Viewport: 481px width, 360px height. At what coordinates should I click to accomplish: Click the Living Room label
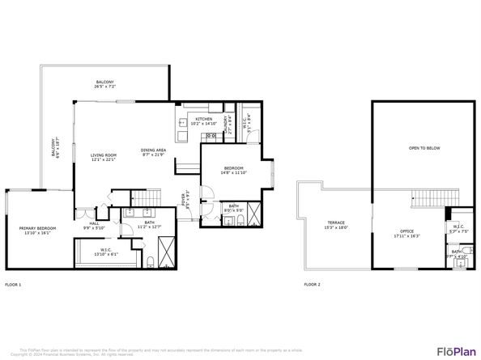click(104, 156)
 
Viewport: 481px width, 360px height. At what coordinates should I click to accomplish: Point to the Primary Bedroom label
click(37, 231)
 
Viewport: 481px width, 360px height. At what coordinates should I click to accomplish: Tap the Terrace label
click(336, 225)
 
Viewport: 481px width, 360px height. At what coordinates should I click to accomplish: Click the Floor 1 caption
click(14, 285)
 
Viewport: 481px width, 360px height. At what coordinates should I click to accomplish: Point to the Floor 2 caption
click(312, 285)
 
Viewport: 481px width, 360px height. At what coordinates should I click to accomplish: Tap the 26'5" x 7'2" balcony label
click(105, 84)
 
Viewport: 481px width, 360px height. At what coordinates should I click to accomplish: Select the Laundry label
click(226, 122)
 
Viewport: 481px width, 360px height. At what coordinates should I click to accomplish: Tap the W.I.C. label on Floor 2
click(458, 229)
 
